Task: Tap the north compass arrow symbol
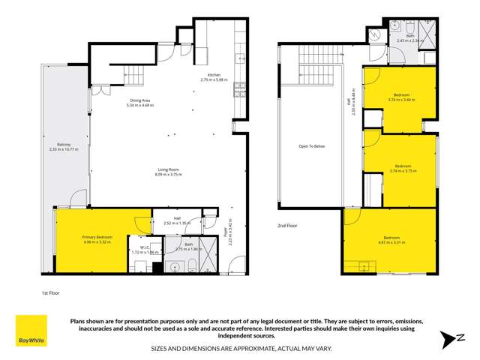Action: click(x=451, y=339)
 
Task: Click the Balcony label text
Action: click(x=64, y=145)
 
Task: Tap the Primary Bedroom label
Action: click(x=97, y=237)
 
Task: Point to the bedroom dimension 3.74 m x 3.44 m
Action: click(x=401, y=99)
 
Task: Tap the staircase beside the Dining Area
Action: click(x=134, y=75)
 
